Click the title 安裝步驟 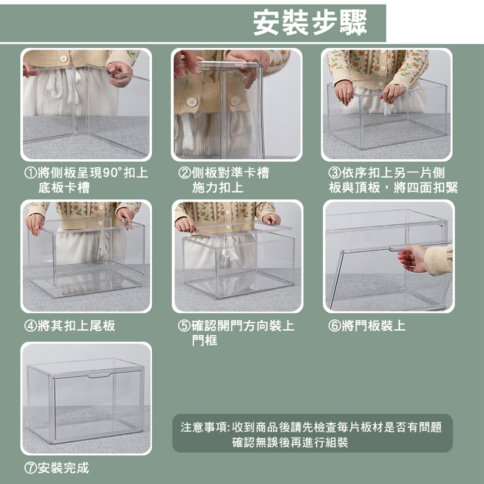pyautogui.click(x=310, y=23)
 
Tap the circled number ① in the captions pyautogui.click(x=31, y=173)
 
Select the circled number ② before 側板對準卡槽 pyautogui.click(x=185, y=173)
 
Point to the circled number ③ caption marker pyautogui.click(x=335, y=173)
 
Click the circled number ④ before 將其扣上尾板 pyautogui.click(x=31, y=326)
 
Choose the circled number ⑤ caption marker pyautogui.click(x=185, y=326)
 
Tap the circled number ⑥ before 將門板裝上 pyautogui.click(x=335, y=326)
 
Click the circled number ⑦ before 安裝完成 pyautogui.click(x=31, y=468)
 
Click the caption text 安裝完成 pyautogui.click(x=64, y=468)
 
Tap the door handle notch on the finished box pyautogui.click(x=98, y=375)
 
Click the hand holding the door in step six pyautogui.click(x=412, y=259)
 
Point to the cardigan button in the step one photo pyautogui.click(x=64, y=58)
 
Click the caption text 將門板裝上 pyautogui.click(x=374, y=326)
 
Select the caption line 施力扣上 pyautogui.click(x=218, y=188)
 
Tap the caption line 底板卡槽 pyautogui.click(x=64, y=188)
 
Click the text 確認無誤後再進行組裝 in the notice pyautogui.click(x=290, y=442)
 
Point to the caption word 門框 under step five pyautogui.click(x=204, y=340)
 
